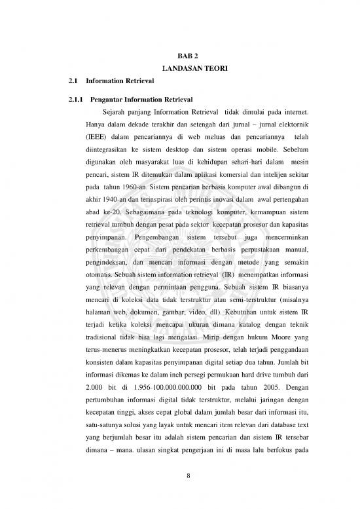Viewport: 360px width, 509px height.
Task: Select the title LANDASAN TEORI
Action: (x=179, y=69)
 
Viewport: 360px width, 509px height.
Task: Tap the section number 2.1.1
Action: (x=69, y=100)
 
